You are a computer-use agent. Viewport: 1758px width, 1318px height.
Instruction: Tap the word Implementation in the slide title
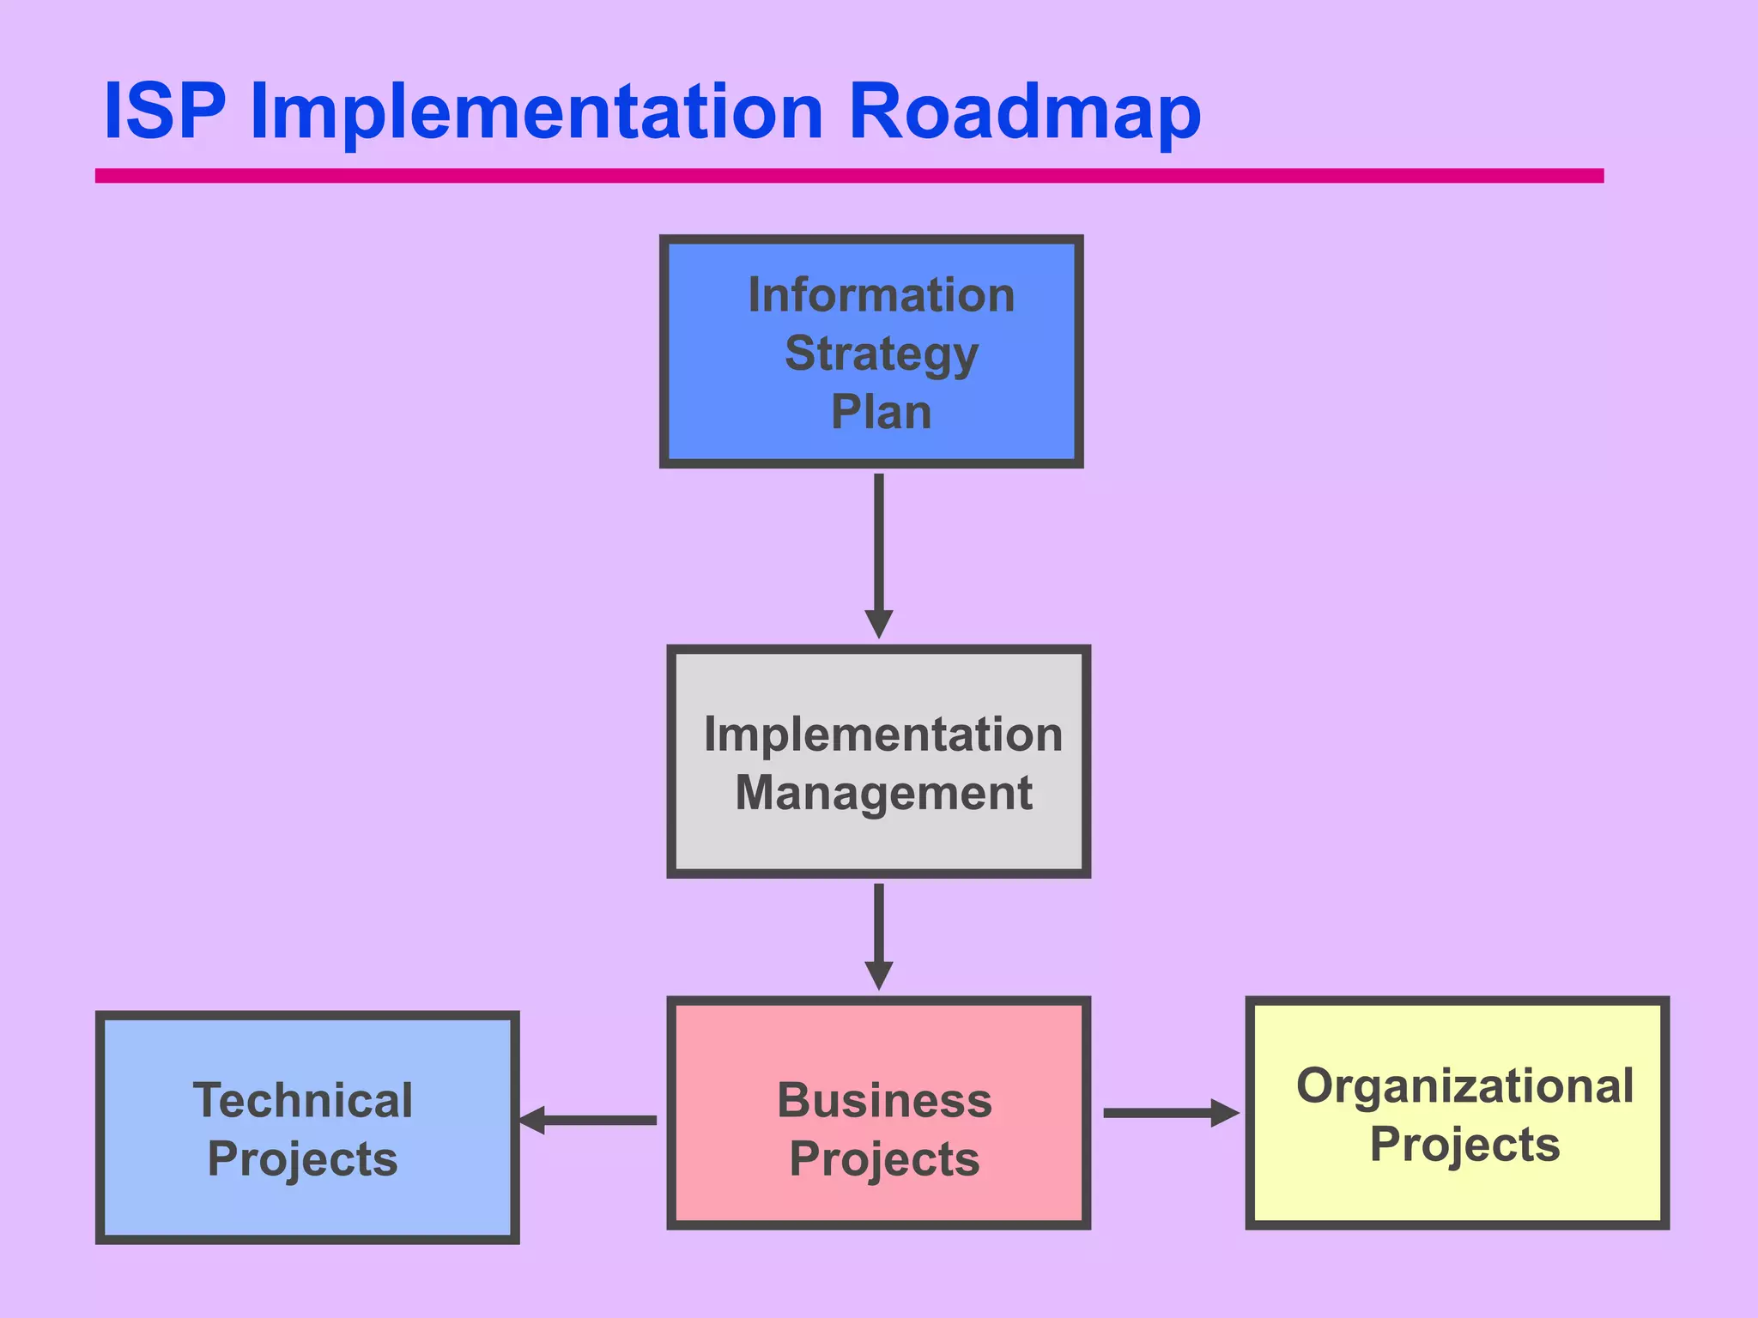click(536, 113)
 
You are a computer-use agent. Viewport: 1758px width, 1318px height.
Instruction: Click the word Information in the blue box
click(881, 295)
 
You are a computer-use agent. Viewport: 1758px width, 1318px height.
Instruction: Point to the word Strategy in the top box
click(881, 354)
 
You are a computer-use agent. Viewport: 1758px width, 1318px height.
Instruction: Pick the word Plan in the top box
click(881, 412)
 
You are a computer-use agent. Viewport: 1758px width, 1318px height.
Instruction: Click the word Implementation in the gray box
click(882, 735)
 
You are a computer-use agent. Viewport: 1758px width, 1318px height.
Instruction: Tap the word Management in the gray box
click(883, 793)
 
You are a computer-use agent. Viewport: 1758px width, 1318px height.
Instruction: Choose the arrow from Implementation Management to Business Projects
click(878, 935)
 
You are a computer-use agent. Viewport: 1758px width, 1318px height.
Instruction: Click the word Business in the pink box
click(884, 1100)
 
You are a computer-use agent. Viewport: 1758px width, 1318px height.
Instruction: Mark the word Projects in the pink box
click(884, 1159)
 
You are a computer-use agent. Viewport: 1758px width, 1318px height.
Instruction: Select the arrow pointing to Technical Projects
click(589, 1120)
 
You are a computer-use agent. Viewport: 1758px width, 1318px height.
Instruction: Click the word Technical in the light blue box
click(302, 1100)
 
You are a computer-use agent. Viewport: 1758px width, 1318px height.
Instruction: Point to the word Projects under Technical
click(302, 1159)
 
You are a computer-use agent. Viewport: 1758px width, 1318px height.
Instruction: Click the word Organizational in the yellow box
click(1464, 1086)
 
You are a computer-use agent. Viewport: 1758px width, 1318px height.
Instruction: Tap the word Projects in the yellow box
click(1464, 1145)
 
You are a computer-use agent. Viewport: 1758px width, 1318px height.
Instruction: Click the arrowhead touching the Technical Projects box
click(533, 1120)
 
